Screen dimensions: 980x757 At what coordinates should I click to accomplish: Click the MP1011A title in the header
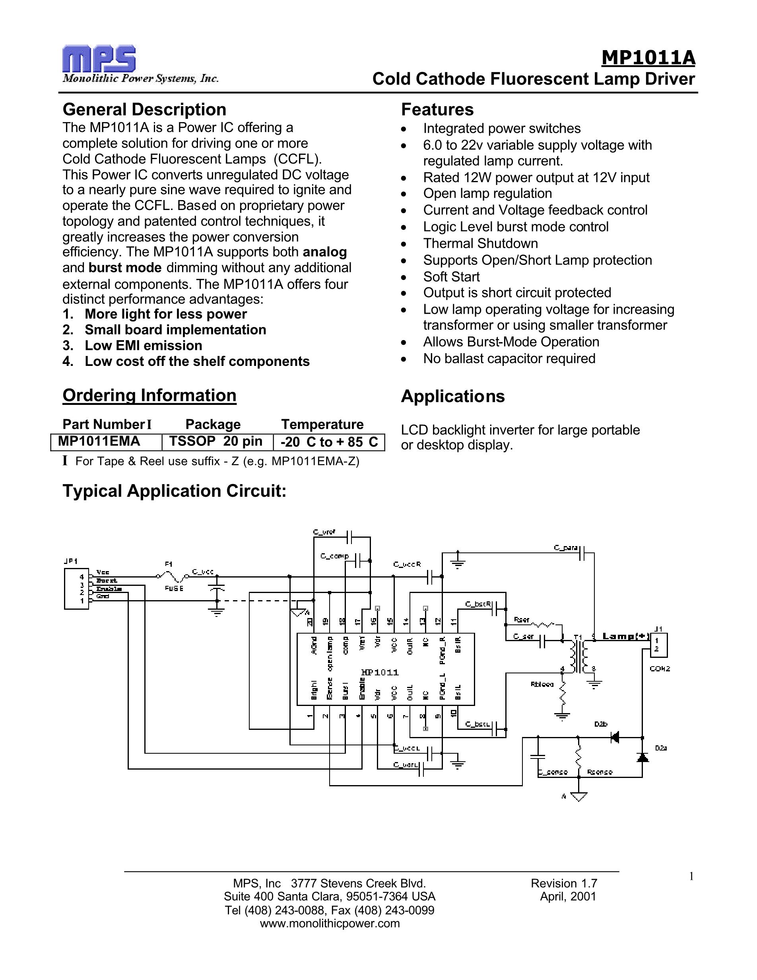(x=648, y=57)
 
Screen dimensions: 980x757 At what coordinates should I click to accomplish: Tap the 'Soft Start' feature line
(x=451, y=277)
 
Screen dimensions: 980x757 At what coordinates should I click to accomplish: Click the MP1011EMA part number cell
(x=99, y=441)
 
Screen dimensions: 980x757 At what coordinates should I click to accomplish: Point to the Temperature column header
(x=322, y=424)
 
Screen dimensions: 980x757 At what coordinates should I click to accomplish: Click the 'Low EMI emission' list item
(x=144, y=346)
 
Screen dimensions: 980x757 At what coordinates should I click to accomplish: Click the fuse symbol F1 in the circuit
(x=171, y=576)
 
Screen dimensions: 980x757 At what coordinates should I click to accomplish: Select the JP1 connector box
(x=77, y=588)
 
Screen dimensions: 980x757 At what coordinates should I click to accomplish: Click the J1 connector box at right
(x=658, y=645)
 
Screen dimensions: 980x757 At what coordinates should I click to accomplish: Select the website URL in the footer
(x=330, y=923)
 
